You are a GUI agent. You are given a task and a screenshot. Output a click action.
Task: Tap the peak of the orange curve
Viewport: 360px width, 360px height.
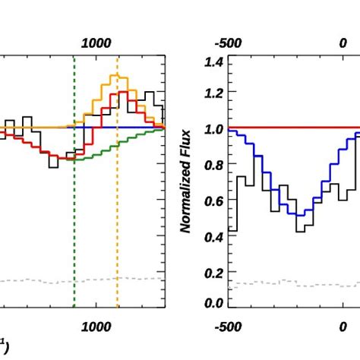click(x=117, y=76)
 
